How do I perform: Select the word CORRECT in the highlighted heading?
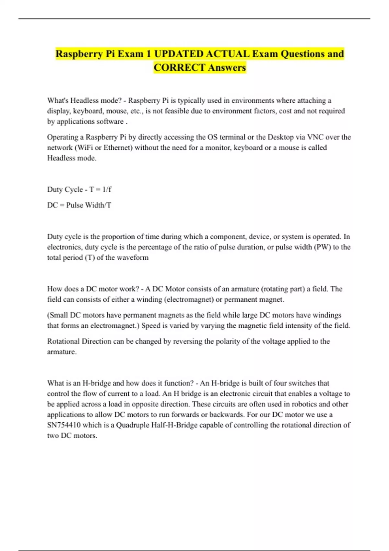(180, 67)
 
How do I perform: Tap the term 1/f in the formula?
(107, 190)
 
